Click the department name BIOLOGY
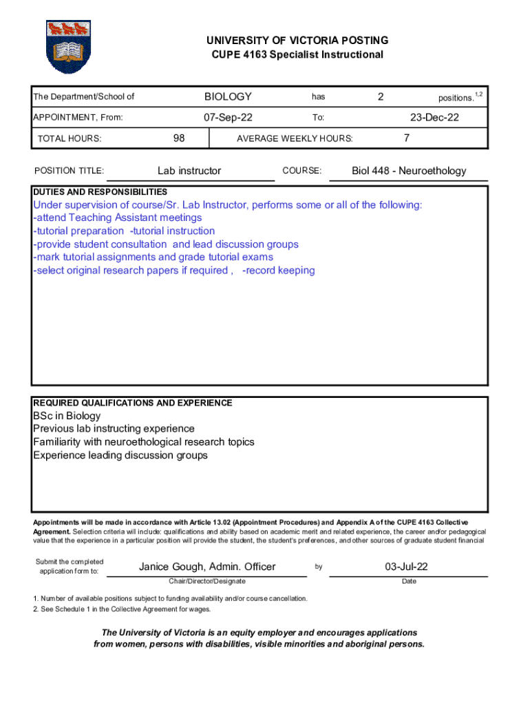pyautogui.click(x=228, y=97)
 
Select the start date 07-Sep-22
pyautogui.click(x=228, y=117)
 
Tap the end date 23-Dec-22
pyautogui.click(x=434, y=117)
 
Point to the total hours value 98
pyautogui.click(x=179, y=138)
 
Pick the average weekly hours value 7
pyautogui.click(x=407, y=138)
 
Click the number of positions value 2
pyautogui.click(x=380, y=97)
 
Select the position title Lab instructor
pyautogui.click(x=189, y=171)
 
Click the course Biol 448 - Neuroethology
pyautogui.click(x=409, y=171)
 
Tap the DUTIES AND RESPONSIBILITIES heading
pyautogui.click(x=100, y=191)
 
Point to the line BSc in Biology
pyautogui.click(x=67, y=416)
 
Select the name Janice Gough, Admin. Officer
pyautogui.click(x=207, y=567)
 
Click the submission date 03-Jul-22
pyautogui.click(x=407, y=567)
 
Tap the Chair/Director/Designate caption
pyautogui.click(x=206, y=582)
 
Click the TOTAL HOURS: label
pyautogui.click(x=70, y=138)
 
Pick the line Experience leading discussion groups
pyautogui.click(x=120, y=455)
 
